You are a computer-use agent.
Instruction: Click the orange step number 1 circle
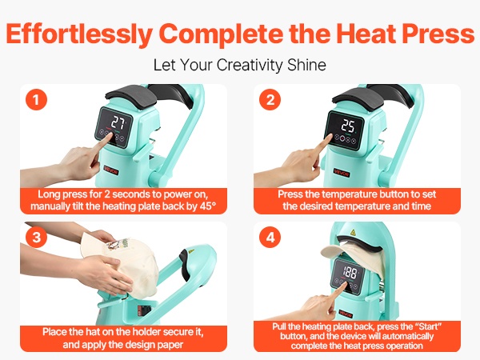click(x=37, y=100)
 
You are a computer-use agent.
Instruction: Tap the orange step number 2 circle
click(x=270, y=100)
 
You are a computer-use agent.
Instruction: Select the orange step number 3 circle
click(x=37, y=238)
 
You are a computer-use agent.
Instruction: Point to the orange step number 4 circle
click(x=270, y=238)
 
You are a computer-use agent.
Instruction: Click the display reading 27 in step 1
click(x=118, y=122)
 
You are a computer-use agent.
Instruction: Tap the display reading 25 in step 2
click(x=348, y=126)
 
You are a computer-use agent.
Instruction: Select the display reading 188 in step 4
click(x=350, y=271)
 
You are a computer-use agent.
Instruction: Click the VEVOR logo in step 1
click(x=111, y=170)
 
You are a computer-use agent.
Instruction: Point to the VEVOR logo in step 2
click(x=341, y=173)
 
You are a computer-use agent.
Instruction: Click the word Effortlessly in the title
click(x=79, y=34)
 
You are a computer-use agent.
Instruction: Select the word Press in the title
click(x=438, y=33)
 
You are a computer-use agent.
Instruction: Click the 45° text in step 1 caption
click(x=208, y=206)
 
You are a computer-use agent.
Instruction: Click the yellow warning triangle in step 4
click(x=353, y=232)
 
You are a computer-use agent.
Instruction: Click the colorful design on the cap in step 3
click(x=118, y=244)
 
